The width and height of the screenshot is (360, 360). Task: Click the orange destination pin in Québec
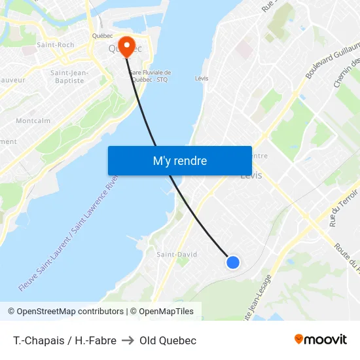pos(126,45)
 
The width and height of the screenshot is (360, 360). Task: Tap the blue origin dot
pos(232,262)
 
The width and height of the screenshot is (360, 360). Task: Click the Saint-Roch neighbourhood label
pos(55,45)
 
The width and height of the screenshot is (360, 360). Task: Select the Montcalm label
pos(33,121)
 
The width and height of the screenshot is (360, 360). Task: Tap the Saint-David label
pos(177,254)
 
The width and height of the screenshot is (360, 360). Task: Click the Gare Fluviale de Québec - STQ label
pos(151,76)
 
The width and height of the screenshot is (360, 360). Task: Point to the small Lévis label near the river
pos(202,79)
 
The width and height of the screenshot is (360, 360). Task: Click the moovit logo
pos(321,340)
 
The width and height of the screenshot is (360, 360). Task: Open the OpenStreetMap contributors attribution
pos(65,312)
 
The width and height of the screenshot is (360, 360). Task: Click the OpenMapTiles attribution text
pos(164,312)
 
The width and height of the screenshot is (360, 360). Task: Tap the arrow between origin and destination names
pos(128,340)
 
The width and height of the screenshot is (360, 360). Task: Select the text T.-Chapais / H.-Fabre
pos(64,340)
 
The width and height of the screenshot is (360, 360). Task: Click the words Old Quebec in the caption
pos(168,340)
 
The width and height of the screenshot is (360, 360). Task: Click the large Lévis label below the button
pos(251,175)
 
